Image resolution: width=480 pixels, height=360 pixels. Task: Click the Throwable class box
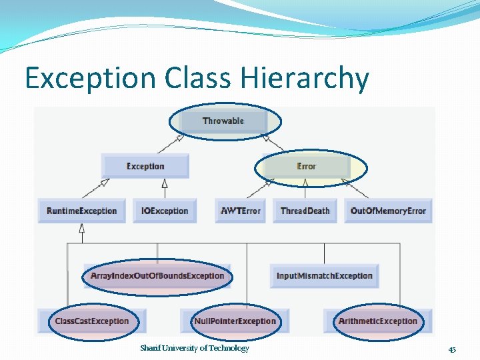click(x=223, y=121)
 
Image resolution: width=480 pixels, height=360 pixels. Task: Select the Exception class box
click(x=145, y=166)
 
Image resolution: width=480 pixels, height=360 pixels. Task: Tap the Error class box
click(x=306, y=166)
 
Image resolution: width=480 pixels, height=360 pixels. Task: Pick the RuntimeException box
click(x=81, y=211)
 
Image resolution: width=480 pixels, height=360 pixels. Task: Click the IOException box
click(x=165, y=211)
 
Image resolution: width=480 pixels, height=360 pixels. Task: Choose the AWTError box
click(x=241, y=211)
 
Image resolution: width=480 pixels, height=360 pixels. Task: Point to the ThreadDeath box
click(x=305, y=211)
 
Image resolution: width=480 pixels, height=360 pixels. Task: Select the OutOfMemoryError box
click(x=388, y=211)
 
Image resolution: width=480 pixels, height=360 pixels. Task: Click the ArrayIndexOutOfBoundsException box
click(x=157, y=276)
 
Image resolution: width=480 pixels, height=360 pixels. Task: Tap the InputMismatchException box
click(x=324, y=276)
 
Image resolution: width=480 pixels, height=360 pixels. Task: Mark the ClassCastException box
click(x=91, y=321)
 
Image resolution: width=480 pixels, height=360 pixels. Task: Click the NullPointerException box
click(x=235, y=321)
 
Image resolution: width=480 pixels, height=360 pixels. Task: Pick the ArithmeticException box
click(x=377, y=321)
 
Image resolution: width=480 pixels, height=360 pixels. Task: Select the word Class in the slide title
click(x=197, y=78)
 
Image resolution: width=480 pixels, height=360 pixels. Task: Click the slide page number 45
click(x=452, y=349)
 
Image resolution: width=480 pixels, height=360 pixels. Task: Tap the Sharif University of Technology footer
click(x=194, y=348)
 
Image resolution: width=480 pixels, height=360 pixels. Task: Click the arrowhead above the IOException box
click(x=164, y=183)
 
